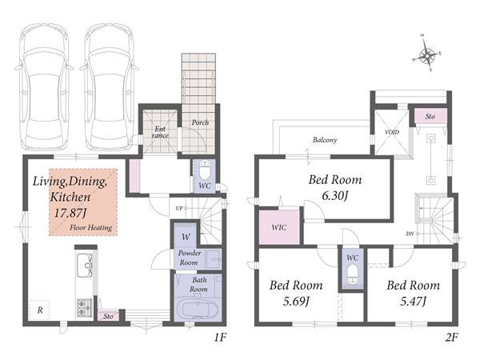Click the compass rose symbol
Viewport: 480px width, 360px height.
427,56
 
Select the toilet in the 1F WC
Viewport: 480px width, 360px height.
204,170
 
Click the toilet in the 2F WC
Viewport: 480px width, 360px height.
352,274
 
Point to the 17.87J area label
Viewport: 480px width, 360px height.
70,213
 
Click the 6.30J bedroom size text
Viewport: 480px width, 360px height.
335,196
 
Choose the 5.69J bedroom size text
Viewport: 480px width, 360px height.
296,302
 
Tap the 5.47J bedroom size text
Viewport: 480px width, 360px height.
414,302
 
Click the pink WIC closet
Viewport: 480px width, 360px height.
279,227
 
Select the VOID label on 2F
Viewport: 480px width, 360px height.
392,132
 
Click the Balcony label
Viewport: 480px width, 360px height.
325,140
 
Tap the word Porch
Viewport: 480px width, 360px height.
200,122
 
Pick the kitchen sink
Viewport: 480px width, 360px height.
85,265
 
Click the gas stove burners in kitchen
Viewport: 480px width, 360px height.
85,308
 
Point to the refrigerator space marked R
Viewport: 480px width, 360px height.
39,310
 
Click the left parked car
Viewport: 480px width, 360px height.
45,87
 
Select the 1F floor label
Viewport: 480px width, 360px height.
220,338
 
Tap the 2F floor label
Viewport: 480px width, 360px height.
451,338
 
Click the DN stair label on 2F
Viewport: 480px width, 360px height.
410,234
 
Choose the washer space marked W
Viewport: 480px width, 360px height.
186,237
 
